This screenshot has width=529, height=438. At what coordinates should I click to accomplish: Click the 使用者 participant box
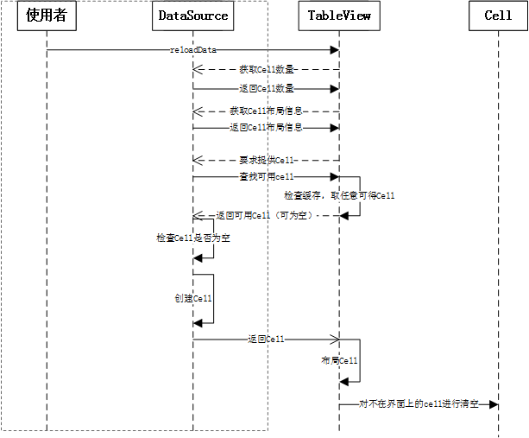[x=47, y=16]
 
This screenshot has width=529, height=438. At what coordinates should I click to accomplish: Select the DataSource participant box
[x=193, y=16]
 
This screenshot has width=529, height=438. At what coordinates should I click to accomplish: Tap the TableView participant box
[x=339, y=16]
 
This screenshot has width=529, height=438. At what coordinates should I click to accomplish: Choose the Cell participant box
[x=498, y=16]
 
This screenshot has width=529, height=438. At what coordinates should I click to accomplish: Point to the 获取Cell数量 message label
[x=267, y=69]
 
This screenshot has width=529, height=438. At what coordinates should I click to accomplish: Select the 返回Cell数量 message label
[x=267, y=88]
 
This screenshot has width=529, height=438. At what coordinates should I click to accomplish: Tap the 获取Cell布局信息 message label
[x=267, y=111]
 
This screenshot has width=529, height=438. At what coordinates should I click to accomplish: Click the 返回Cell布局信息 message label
[x=267, y=127]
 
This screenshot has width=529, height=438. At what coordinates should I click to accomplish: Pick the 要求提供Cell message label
[x=268, y=160]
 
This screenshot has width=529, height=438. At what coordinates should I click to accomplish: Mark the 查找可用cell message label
[x=267, y=176]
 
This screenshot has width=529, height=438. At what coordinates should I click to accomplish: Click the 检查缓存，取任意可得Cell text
[x=339, y=196]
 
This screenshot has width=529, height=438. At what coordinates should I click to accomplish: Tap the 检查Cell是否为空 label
[x=193, y=237]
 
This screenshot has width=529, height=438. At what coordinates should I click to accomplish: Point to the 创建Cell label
[x=193, y=297]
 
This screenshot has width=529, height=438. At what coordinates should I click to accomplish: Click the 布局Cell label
[x=339, y=360]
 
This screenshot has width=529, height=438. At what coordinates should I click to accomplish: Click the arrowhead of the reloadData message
[x=334, y=50]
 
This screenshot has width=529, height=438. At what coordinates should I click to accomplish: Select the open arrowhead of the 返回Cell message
[x=333, y=340]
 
